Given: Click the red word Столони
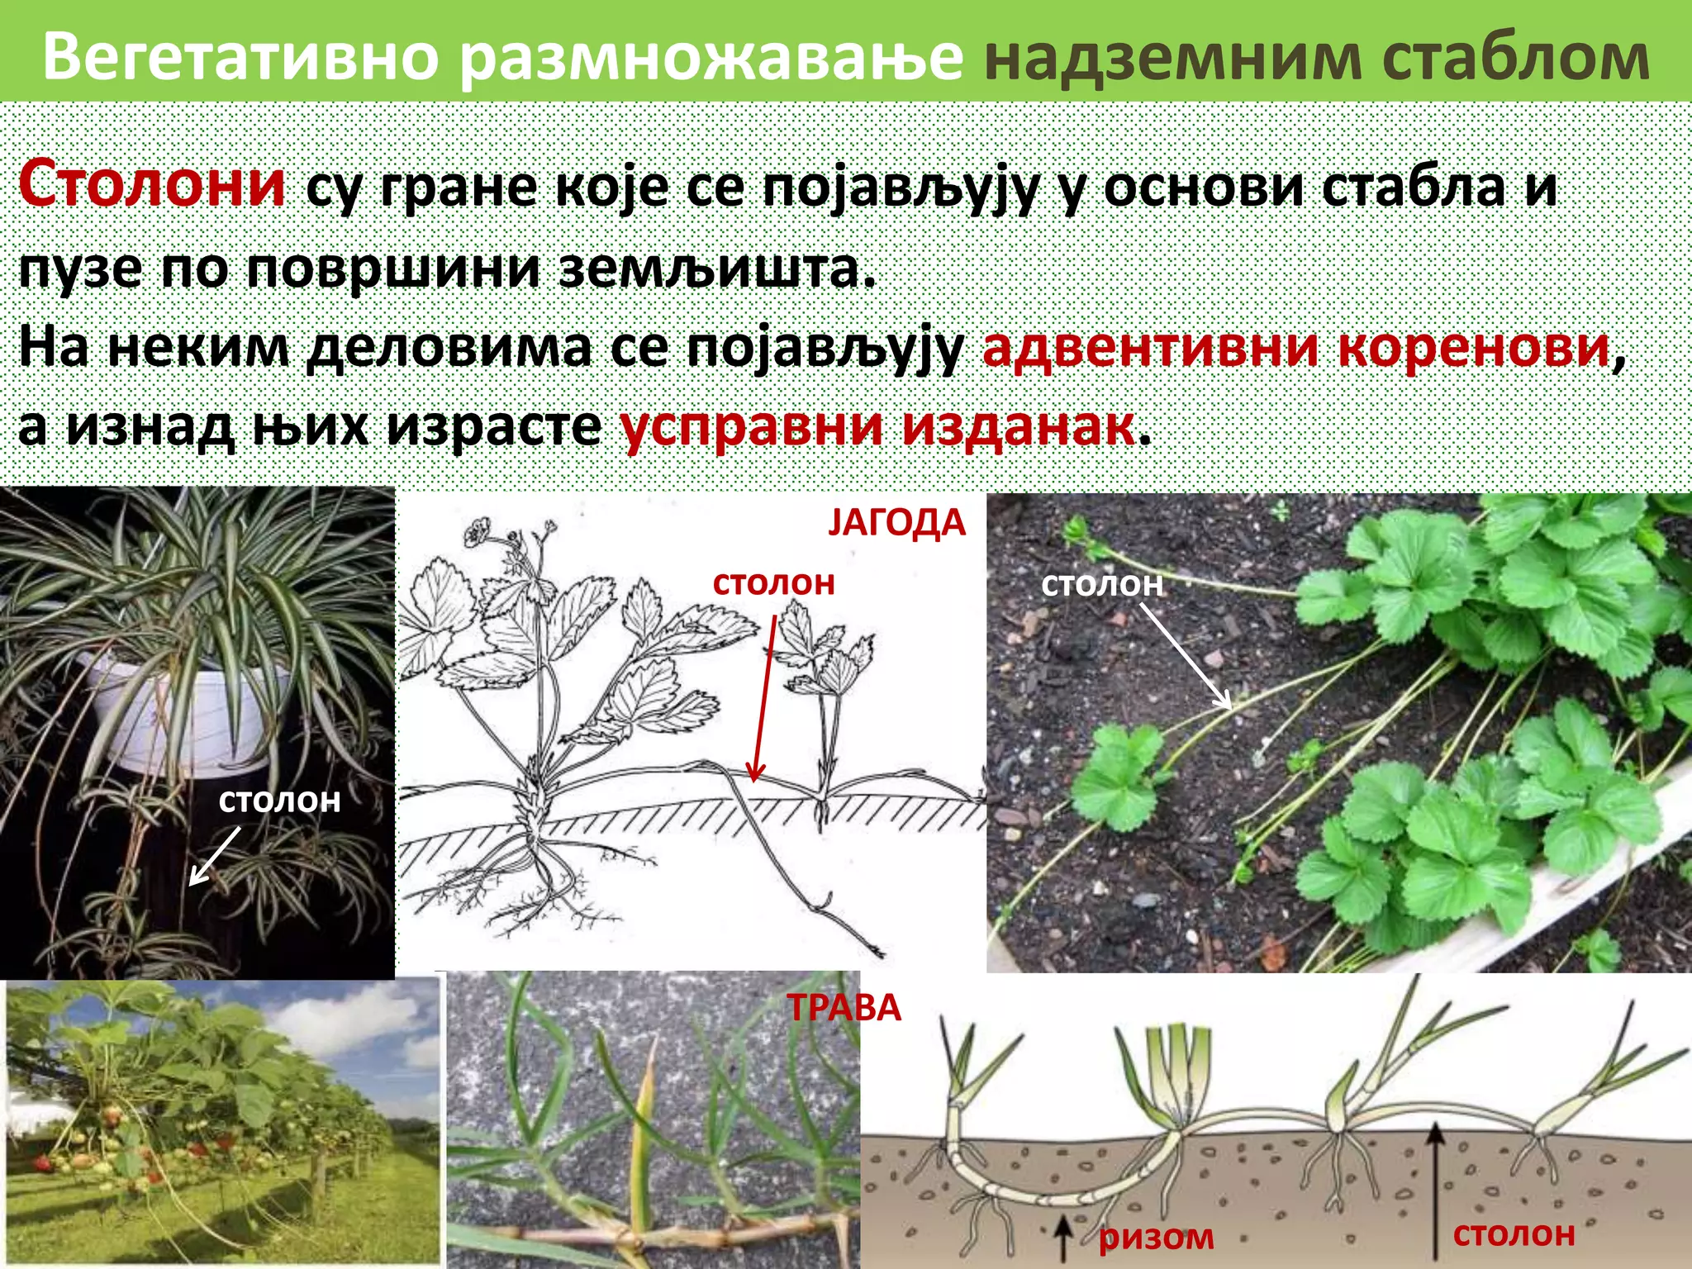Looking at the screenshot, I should [152, 183].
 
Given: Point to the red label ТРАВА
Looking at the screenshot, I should [844, 1008].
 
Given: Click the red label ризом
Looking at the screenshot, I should [1156, 1237].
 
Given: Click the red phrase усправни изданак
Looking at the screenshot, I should [877, 426].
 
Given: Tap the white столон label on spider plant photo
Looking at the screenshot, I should [279, 800].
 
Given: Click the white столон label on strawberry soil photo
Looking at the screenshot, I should [1101, 584].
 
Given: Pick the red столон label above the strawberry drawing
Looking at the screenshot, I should [773, 583].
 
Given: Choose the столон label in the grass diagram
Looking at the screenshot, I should [1514, 1233].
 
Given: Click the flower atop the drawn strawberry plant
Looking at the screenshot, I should [478, 531].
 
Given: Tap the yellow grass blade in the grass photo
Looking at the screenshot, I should [643, 1132].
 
